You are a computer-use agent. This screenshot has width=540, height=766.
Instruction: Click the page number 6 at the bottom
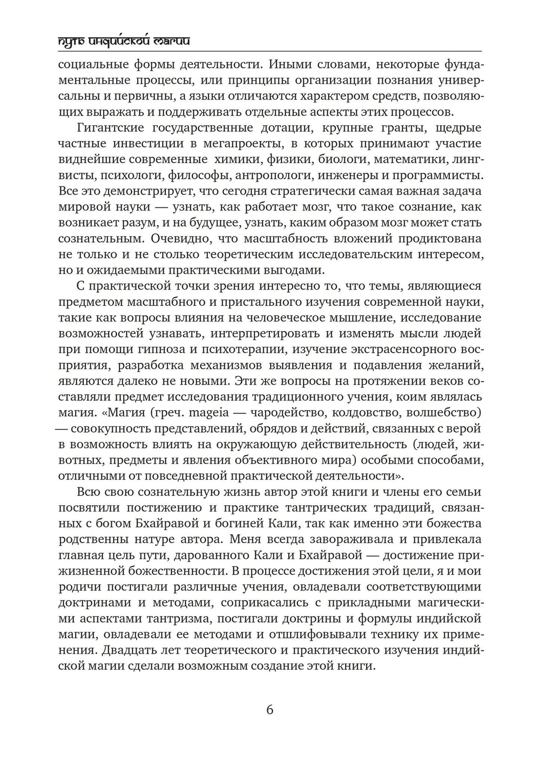(x=269, y=710)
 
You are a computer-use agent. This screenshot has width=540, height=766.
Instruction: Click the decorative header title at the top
(x=124, y=42)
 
